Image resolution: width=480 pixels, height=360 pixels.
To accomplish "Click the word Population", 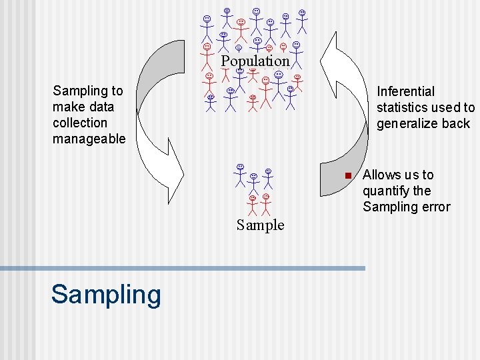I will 255,61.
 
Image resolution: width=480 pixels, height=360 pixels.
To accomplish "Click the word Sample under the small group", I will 260,225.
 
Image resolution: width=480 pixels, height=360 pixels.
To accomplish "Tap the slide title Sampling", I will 106,294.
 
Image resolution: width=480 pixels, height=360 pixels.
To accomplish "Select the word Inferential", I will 405,91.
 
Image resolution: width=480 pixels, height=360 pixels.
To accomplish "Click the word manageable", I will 89,139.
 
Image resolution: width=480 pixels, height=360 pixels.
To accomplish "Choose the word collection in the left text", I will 79,123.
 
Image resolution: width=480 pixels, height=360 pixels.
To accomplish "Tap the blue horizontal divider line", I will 183,268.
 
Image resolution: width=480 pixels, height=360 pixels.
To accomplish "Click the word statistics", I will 404,107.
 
